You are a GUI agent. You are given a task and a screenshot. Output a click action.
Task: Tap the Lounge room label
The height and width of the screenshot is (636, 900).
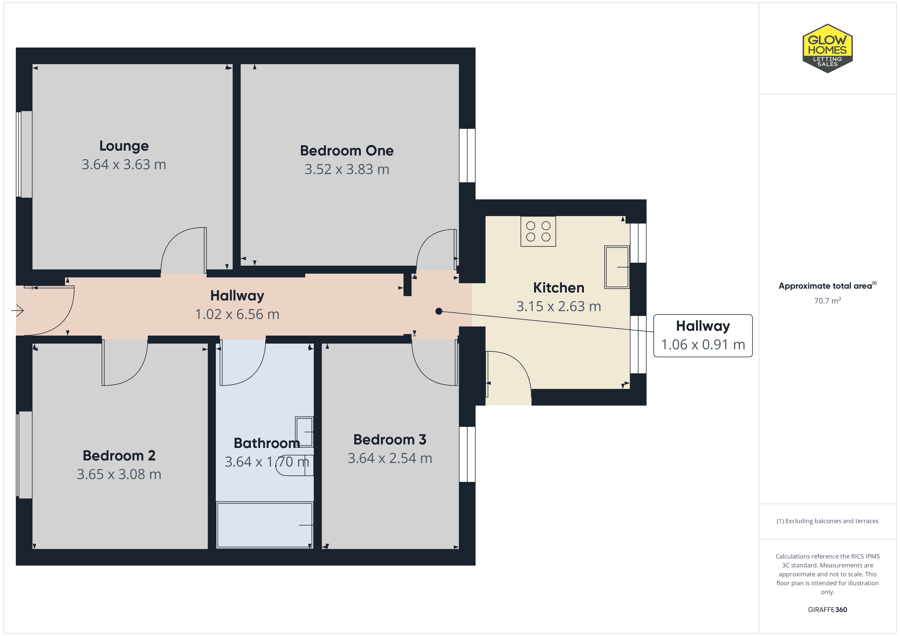point(124,146)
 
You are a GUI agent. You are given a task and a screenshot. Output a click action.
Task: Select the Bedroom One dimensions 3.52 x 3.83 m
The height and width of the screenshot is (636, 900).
point(347,169)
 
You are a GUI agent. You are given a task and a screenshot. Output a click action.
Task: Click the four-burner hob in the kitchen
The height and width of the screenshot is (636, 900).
point(538,231)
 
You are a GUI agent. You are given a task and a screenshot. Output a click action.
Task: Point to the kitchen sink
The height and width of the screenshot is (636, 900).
point(617,267)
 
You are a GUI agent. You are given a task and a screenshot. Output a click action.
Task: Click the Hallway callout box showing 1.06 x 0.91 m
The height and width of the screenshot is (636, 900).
point(703,336)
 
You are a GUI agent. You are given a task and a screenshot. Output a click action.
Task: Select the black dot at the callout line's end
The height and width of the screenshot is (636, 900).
point(439,311)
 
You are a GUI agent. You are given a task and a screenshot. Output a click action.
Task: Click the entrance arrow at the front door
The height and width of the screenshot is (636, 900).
point(18,311)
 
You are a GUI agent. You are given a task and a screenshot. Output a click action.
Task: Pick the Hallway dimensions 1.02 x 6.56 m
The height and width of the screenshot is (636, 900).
point(237,314)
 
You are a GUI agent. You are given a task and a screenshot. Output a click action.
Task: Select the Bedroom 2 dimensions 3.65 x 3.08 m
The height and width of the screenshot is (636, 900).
point(119,474)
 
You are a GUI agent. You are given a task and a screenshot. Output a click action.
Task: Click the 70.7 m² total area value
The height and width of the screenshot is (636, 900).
point(828,300)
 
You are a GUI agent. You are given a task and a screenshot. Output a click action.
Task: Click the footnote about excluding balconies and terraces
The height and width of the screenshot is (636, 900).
point(828,521)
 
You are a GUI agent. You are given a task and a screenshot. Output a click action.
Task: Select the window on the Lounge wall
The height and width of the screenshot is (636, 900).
point(24,154)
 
